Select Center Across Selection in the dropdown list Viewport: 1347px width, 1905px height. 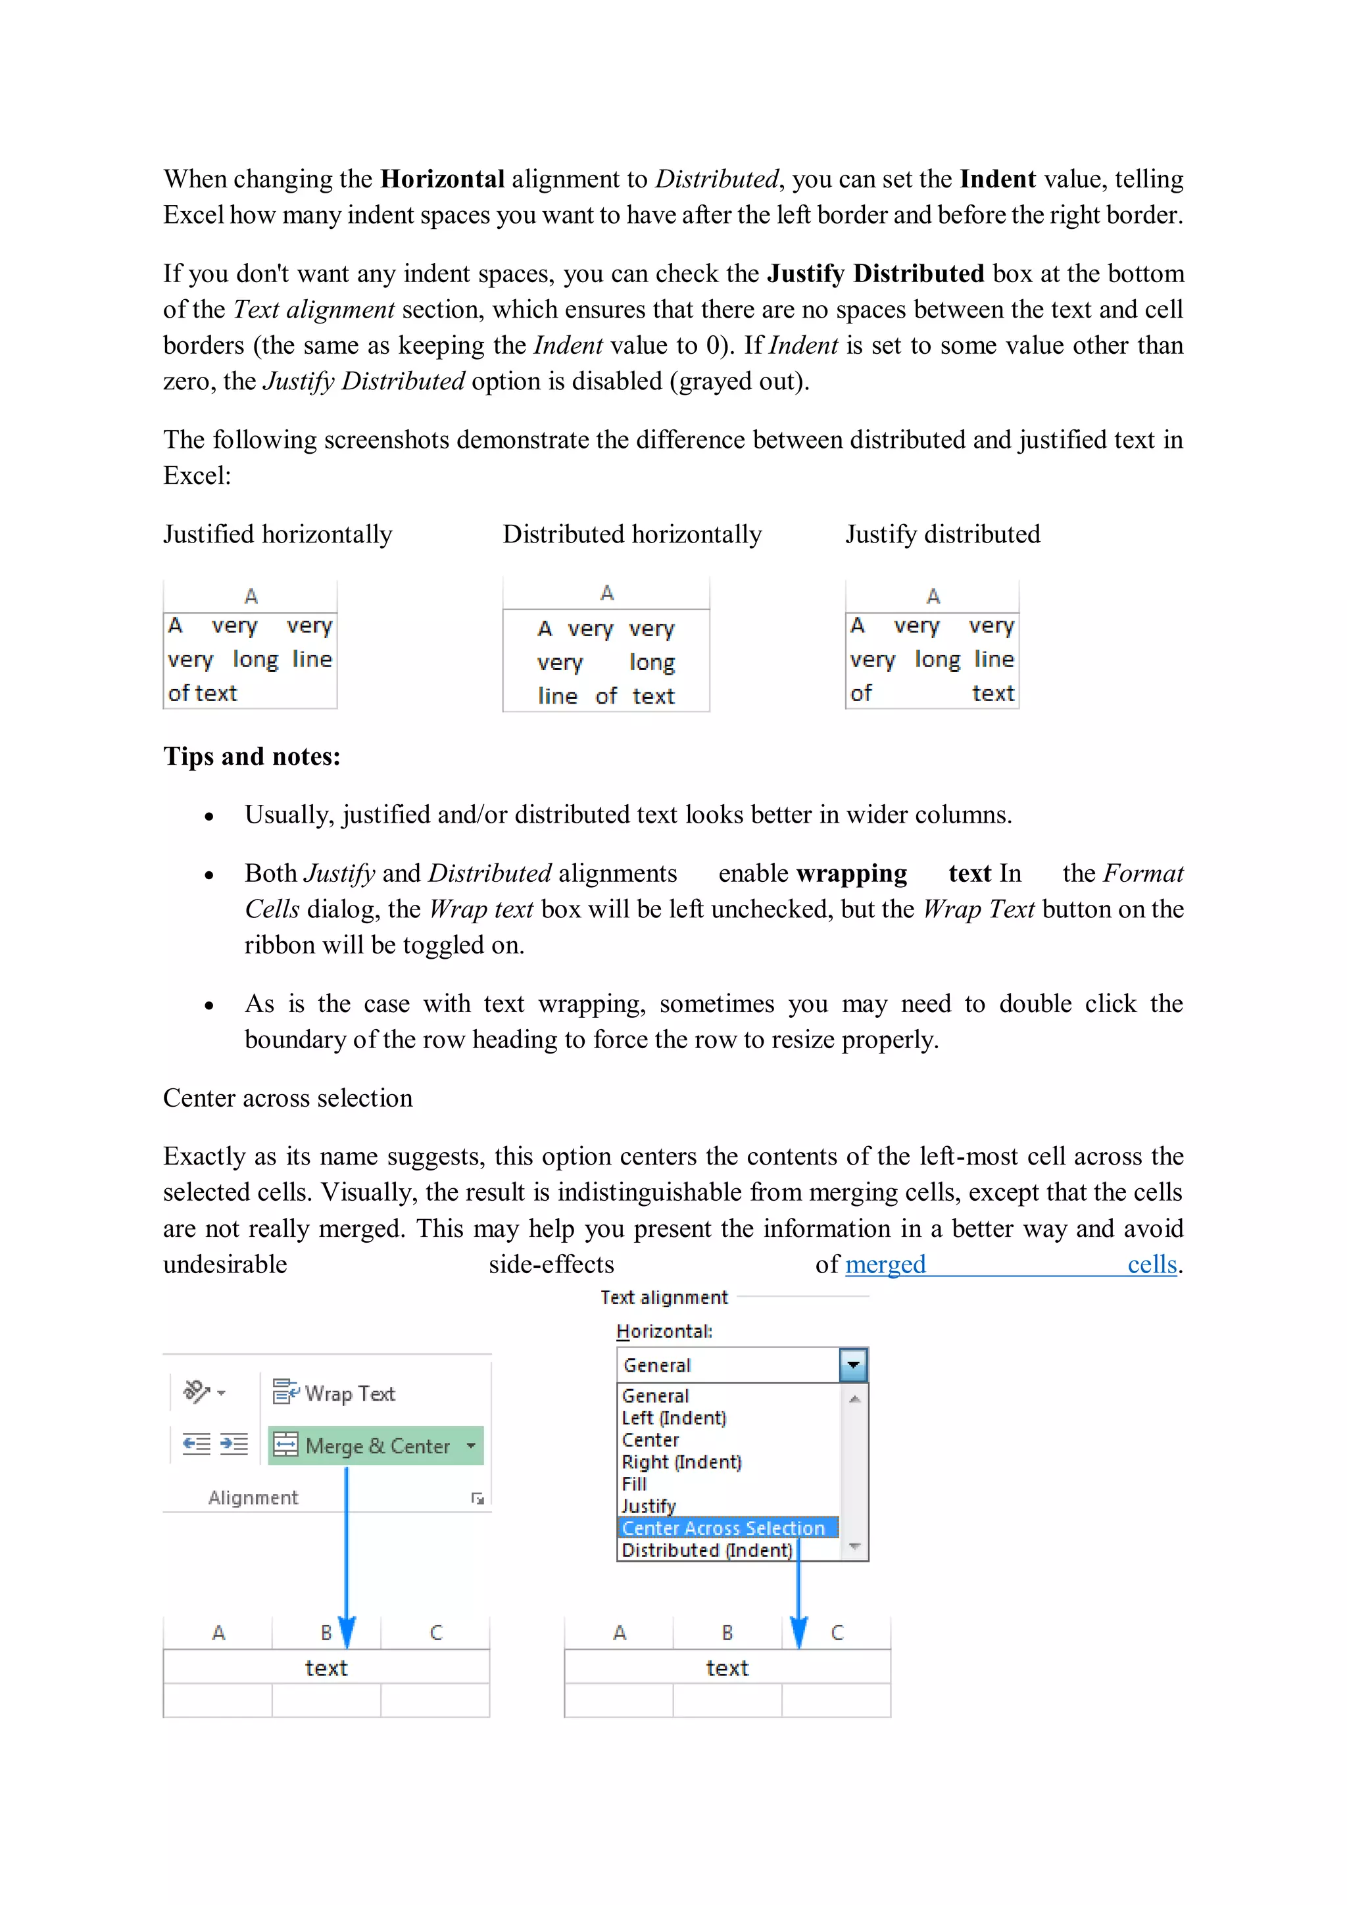click(723, 1528)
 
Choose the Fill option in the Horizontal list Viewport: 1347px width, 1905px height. click(634, 1483)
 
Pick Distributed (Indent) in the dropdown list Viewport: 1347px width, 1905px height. click(706, 1550)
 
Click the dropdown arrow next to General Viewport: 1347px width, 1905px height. click(852, 1365)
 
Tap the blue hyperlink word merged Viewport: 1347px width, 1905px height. click(885, 1265)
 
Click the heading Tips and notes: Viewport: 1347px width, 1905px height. click(251, 756)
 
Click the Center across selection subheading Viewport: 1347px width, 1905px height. click(287, 1097)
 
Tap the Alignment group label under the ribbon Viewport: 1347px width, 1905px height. click(253, 1497)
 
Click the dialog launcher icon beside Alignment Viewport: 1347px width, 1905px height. click(478, 1497)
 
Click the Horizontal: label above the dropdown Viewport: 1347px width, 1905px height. click(664, 1332)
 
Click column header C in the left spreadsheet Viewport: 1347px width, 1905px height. click(435, 1633)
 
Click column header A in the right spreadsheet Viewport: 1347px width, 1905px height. click(619, 1633)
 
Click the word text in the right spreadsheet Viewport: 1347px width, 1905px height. click(727, 1668)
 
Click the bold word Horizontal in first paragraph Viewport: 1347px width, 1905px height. click(443, 178)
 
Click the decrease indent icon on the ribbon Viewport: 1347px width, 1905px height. click(196, 1445)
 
